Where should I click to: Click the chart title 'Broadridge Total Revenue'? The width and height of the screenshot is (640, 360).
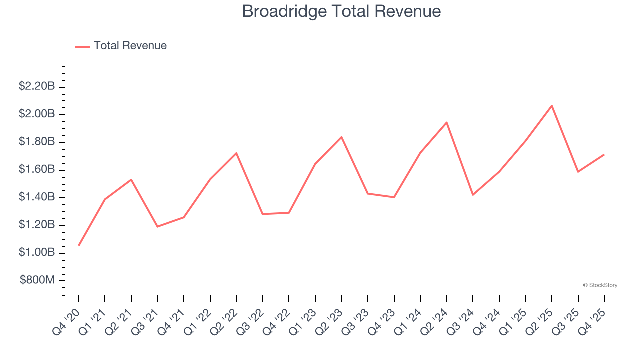tap(341, 11)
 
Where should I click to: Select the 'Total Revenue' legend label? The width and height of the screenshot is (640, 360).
tap(130, 46)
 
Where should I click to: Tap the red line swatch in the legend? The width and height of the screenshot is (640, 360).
tap(82, 46)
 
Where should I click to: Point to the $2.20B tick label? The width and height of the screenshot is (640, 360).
tap(37, 86)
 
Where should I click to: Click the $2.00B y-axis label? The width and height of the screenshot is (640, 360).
tap(37, 114)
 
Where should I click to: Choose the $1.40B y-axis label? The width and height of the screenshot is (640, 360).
tap(37, 197)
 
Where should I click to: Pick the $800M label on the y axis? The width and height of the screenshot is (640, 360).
tap(37, 280)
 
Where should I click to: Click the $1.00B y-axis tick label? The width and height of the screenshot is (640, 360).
tap(37, 253)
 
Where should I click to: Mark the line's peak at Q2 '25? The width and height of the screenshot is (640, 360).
tap(552, 106)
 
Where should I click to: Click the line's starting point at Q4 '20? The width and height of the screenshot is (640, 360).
tap(79, 245)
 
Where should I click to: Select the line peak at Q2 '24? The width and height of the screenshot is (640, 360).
tap(447, 122)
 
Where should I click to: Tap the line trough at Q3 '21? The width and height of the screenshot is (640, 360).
tap(158, 227)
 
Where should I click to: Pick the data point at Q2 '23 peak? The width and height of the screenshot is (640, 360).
tap(341, 137)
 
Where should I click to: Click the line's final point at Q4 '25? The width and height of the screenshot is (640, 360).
tap(604, 155)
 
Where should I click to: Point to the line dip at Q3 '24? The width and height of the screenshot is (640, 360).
tap(473, 195)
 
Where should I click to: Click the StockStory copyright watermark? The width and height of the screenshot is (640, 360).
tap(600, 285)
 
